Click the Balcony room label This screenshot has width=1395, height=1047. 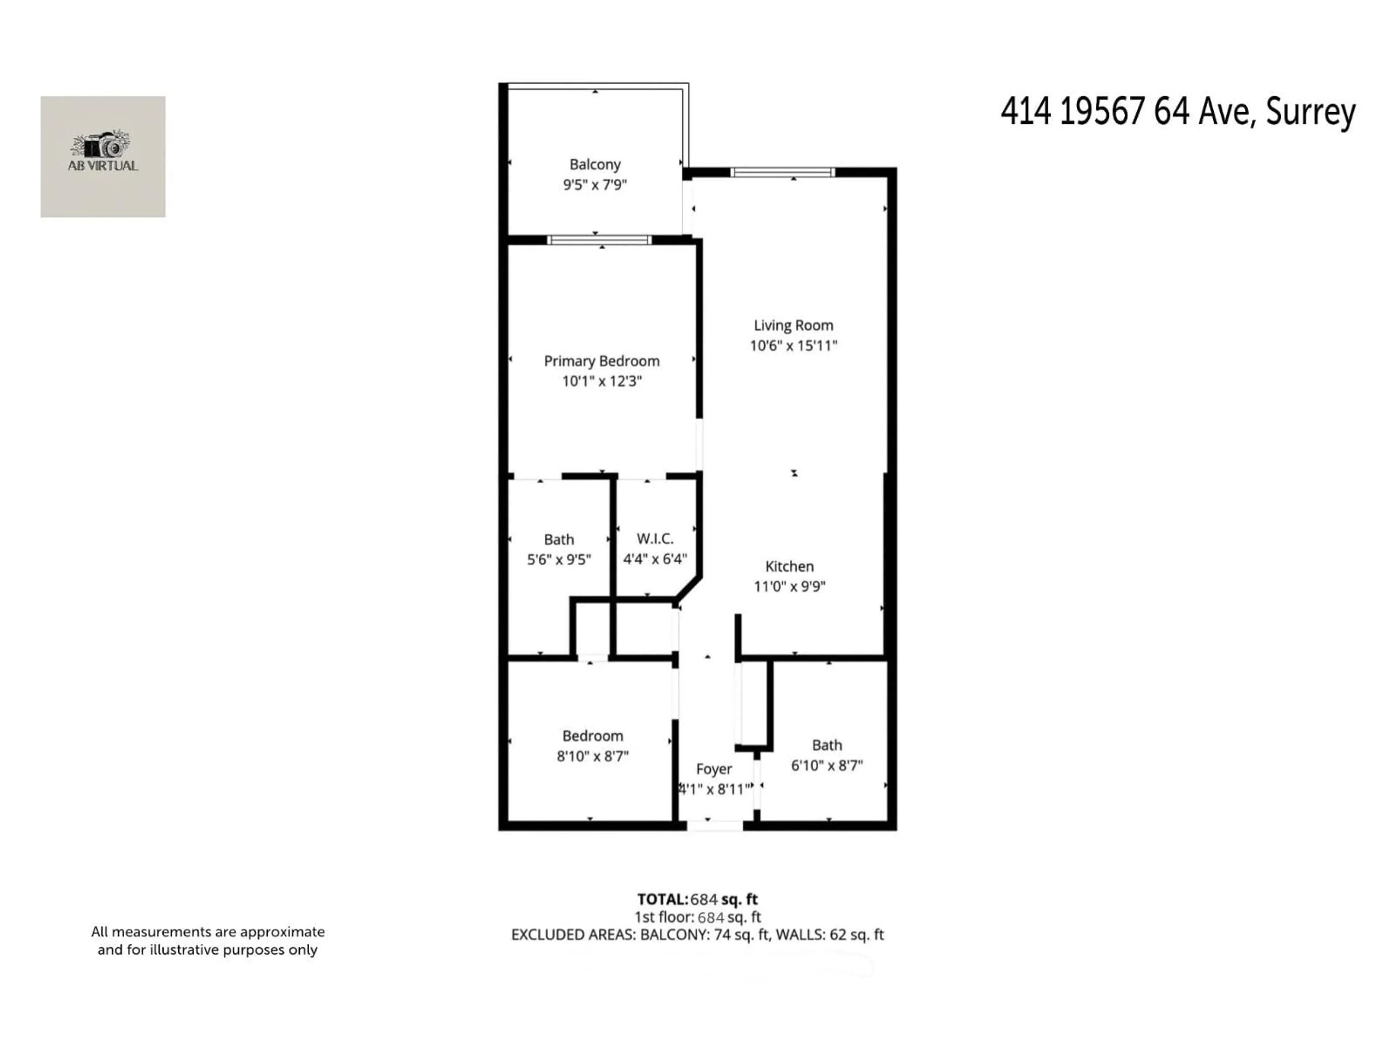pyautogui.click(x=595, y=164)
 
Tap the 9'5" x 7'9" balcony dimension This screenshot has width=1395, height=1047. pyautogui.click(x=595, y=185)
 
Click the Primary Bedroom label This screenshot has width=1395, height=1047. pyautogui.click(x=602, y=361)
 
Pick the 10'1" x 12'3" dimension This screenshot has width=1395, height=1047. pyautogui.click(x=602, y=381)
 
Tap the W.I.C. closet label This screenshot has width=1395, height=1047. pyautogui.click(x=655, y=538)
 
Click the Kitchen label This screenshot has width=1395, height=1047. pyautogui.click(x=789, y=566)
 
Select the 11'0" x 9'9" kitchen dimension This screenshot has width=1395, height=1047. pyautogui.click(x=789, y=586)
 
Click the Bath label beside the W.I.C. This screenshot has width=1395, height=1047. pyautogui.click(x=559, y=539)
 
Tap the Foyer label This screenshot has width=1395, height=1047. pyautogui.click(x=714, y=769)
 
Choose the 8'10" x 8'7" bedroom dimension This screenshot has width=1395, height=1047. pyautogui.click(x=592, y=756)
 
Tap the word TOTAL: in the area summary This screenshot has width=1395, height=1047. pyautogui.click(x=662, y=899)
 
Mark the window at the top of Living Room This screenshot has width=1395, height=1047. pyautogui.click(x=783, y=172)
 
